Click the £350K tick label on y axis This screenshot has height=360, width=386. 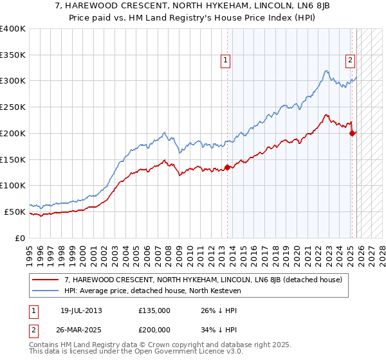click(13, 55)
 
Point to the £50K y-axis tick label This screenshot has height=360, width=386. click(15, 212)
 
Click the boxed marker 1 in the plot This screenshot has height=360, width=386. click(226, 61)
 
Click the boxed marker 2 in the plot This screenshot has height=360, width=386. click(350, 61)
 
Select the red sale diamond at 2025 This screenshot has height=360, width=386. click(352, 133)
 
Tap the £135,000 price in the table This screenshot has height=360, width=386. click(154, 310)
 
